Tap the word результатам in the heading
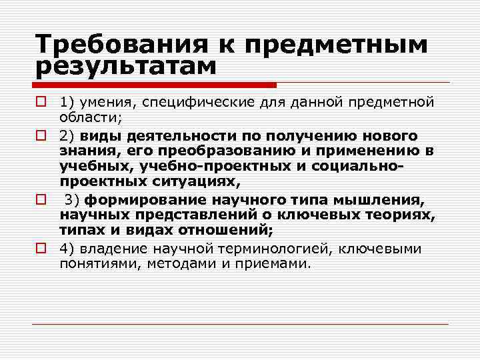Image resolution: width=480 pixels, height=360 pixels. click(126, 67)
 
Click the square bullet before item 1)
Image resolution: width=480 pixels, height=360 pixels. click(41, 102)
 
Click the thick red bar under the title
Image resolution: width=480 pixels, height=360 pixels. click(154, 85)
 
